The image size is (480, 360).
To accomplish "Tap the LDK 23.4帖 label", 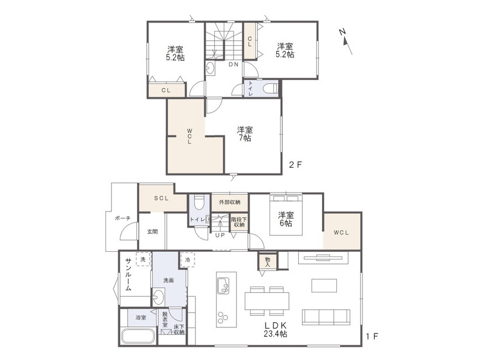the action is point(275,330).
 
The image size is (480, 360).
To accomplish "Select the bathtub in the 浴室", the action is point(138,336).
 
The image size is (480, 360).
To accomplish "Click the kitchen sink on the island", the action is point(223,285).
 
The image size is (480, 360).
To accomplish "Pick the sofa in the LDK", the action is point(326,317).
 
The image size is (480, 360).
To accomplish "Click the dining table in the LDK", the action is point(267,301).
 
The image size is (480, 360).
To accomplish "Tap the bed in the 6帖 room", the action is point(286,215).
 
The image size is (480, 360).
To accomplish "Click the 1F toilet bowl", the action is point(199,202).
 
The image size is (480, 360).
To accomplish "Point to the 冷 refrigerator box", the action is point(188,260).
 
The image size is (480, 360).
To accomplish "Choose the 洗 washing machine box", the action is point(143,260).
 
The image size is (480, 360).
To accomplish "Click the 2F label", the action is point(296,165).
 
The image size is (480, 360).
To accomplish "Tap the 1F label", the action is point(372,336).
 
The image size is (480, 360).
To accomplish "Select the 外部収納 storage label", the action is point(230,202).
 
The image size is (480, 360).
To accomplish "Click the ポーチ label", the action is point(123,218).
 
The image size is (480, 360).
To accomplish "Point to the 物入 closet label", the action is point(268,262).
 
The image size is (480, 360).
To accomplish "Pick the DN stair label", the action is point(234,65).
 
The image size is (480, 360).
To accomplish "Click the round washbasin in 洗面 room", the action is point(159,297).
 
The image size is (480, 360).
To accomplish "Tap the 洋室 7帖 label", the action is point(245,134).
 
